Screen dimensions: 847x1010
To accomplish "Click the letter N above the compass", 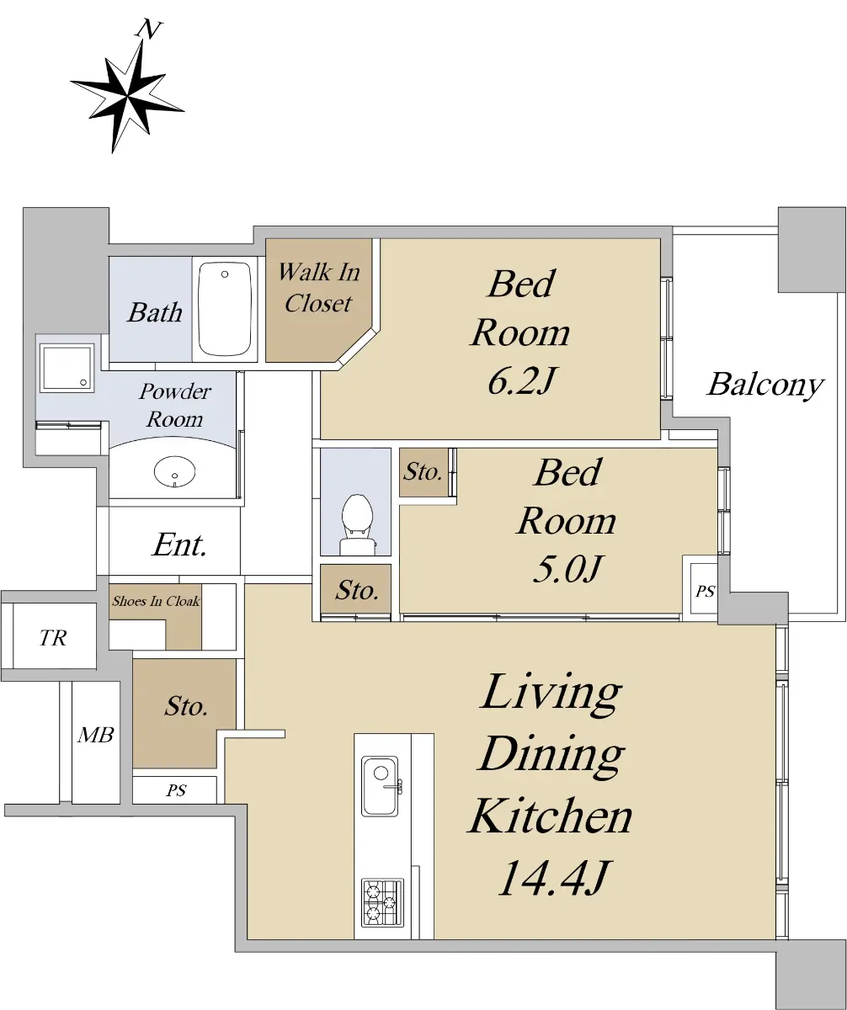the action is [x=149, y=29].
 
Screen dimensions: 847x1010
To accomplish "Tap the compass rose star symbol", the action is [x=127, y=96].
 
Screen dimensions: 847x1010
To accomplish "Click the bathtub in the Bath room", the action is [x=225, y=309].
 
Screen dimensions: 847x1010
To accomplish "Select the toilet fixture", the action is [x=357, y=524].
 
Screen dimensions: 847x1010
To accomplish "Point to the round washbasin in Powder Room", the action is [x=175, y=471].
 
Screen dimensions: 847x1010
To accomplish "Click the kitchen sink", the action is [x=381, y=786].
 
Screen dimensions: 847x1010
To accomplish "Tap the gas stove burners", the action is [x=383, y=902].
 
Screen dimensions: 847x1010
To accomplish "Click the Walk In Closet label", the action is [x=319, y=287].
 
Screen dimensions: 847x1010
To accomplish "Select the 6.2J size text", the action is [x=520, y=381].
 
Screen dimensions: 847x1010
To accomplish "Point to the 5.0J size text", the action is [x=567, y=568].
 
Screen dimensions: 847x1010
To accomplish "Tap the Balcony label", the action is [x=764, y=385].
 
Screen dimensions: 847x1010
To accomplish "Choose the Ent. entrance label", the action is [x=179, y=545].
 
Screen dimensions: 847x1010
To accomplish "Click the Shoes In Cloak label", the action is [x=156, y=601].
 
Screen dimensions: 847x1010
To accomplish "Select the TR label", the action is [x=53, y=637].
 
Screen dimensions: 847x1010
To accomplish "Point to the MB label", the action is [x=96, y=735].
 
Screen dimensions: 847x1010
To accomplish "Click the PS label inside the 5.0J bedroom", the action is [x=705, y=591].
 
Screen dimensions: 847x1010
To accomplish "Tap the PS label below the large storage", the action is [x=176, y=790].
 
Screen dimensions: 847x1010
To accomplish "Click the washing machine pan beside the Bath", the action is [x=67, y=368].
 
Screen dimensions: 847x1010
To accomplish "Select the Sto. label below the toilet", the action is [x=357, y=591].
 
